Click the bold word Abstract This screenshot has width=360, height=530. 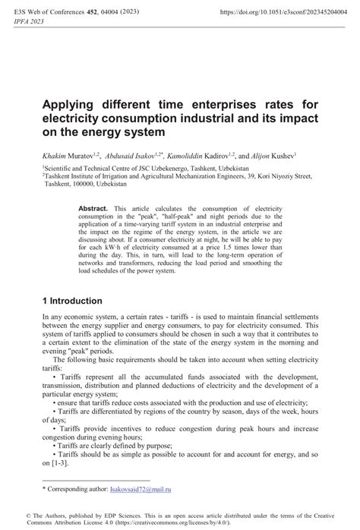93,207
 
